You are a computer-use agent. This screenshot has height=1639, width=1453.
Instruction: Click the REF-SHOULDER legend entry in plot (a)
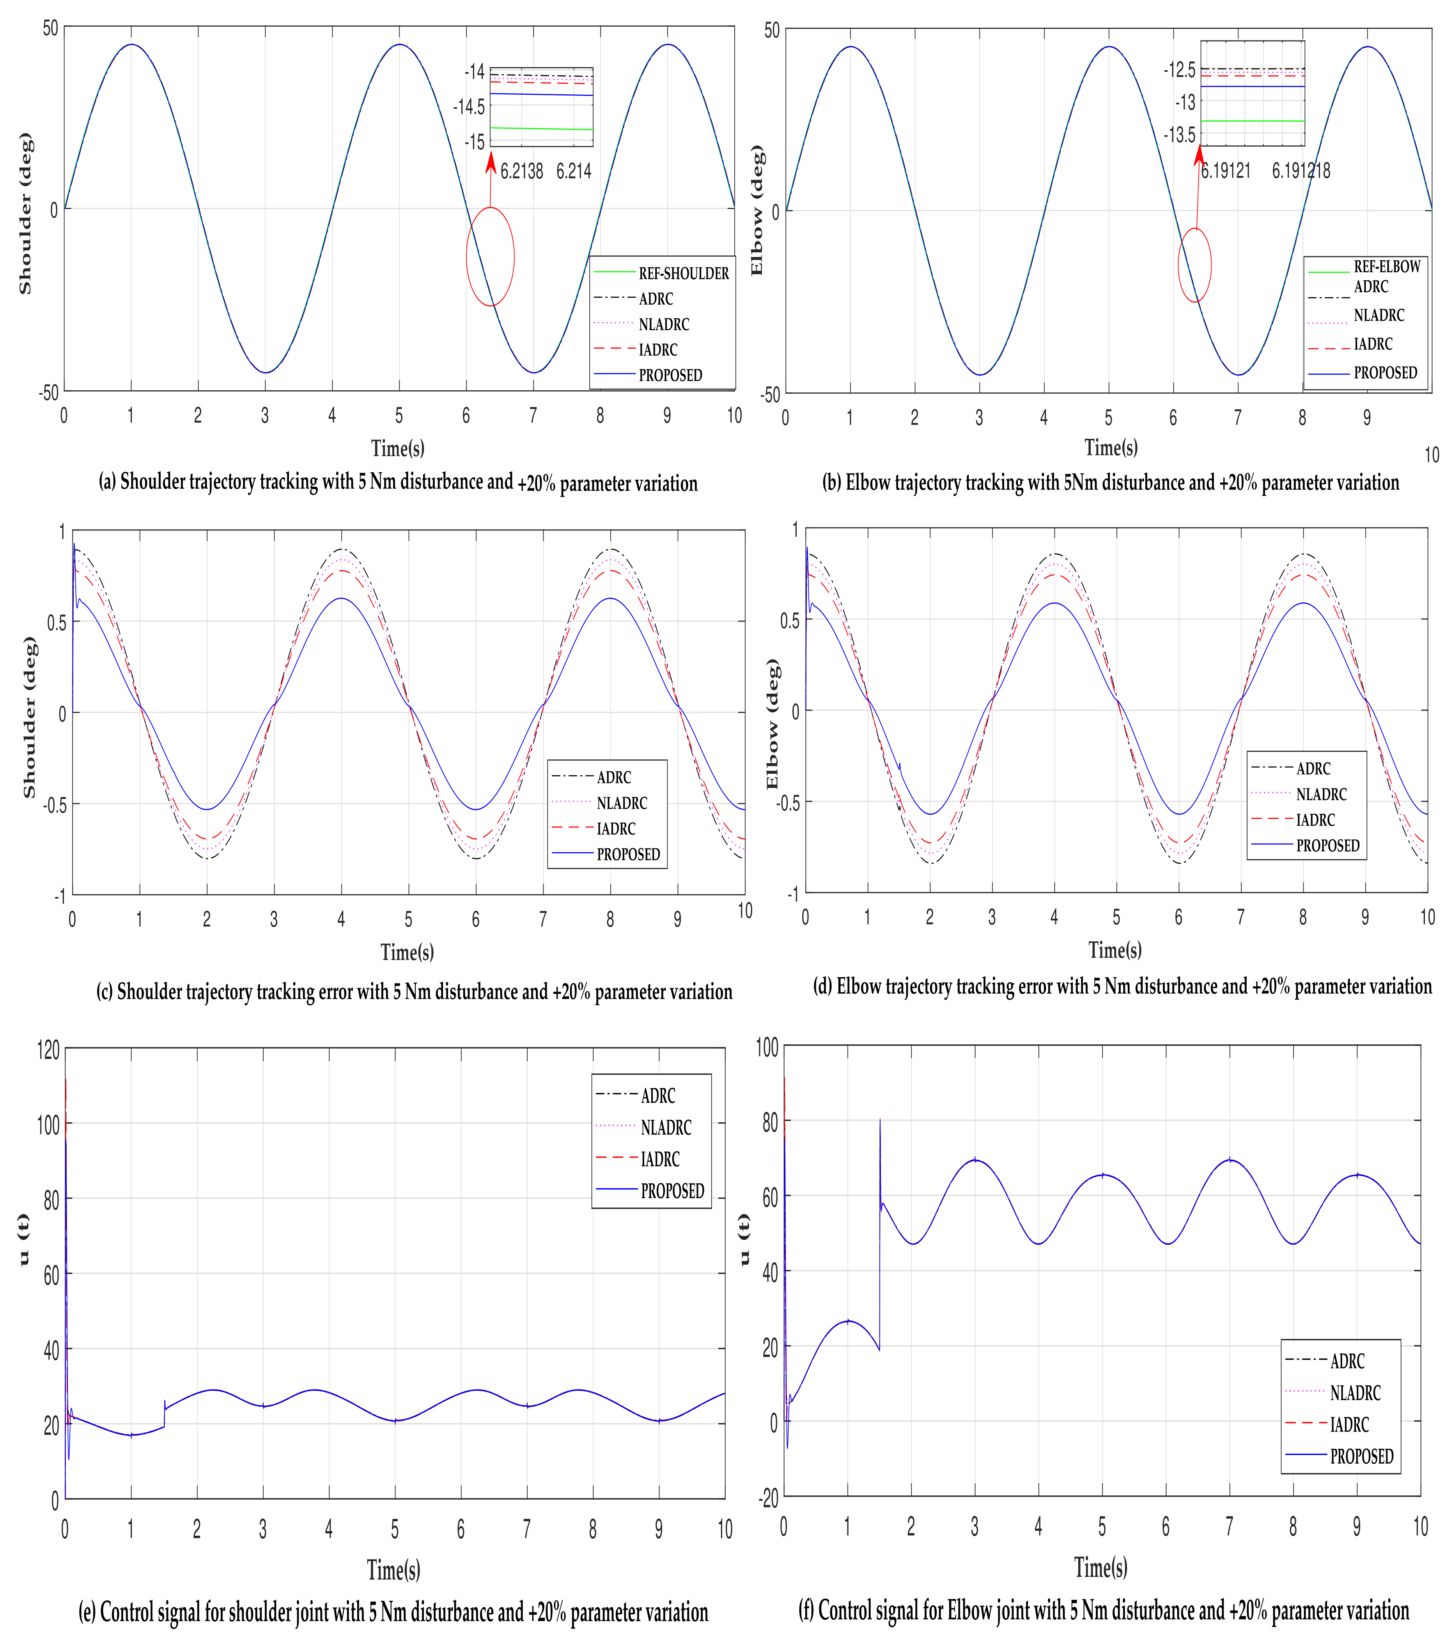[683, 273]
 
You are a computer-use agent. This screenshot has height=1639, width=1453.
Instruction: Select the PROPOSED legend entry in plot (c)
[628, 854]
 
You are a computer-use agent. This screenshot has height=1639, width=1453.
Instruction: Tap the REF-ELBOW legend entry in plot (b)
[1386, 266]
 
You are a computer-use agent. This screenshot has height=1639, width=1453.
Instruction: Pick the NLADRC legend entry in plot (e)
[666, 1127]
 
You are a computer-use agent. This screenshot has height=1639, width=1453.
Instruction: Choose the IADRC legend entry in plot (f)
[1350, 1425]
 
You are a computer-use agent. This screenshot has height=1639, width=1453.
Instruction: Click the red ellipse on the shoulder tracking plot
[490, 257]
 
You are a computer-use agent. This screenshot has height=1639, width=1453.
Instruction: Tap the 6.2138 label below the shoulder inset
[522, 171]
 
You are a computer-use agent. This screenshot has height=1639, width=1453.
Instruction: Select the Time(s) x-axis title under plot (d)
[1115, 950]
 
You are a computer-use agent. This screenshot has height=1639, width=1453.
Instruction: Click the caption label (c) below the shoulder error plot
[105, 992]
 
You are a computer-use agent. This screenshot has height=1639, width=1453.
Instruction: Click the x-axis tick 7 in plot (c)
[543, 919]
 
